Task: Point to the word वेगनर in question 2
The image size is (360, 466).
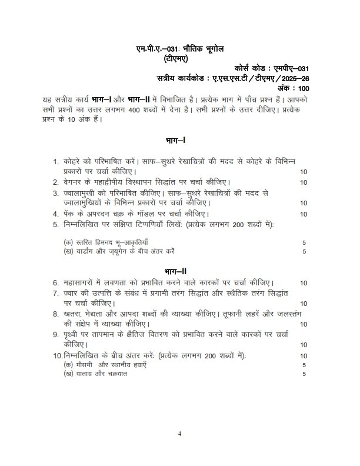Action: (74, 182)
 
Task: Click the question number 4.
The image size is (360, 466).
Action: (55, 214)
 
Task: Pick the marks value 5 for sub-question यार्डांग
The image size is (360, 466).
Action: (304, 252)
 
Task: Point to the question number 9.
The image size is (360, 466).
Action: (55, 334)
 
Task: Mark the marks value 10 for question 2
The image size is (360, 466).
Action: (304, 182)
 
